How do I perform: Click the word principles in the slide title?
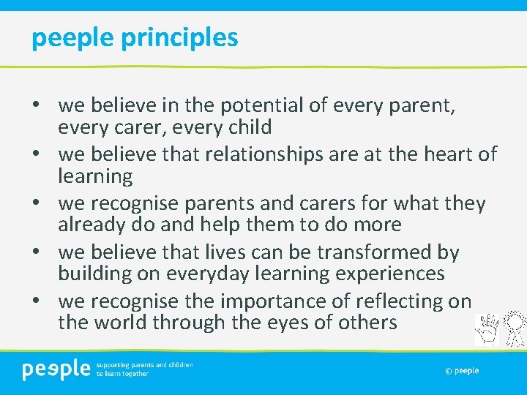click(x=181, y=37)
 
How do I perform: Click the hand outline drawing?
click(x=487, y=328)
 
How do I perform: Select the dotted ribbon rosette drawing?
click(x=515, y=328)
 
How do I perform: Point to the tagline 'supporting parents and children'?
click(x=144, y=364)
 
